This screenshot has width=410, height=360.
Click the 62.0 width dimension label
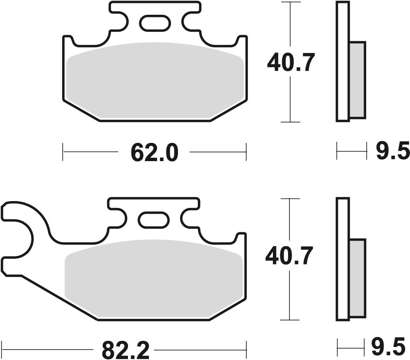click(x=154, y=152)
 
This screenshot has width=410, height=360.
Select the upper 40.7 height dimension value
click(x=290, y=63)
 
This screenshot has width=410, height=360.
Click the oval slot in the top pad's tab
click(x=155, y=23)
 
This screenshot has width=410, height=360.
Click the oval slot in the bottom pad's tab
click(x=154, y=219)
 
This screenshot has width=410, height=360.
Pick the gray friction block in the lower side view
click(x=357, y=278)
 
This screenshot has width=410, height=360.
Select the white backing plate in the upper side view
click(x=343, y=61)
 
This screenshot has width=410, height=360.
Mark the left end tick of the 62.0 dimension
click(x=63, y=152)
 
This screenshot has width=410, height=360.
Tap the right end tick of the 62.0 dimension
click(x=246, y=152)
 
